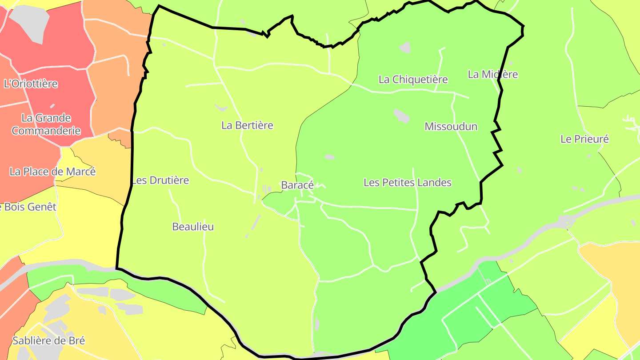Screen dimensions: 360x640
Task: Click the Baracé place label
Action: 297,185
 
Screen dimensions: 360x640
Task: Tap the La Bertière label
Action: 247,125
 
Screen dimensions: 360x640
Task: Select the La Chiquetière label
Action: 413,80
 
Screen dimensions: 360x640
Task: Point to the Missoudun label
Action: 451,126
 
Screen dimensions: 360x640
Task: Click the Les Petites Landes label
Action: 407,183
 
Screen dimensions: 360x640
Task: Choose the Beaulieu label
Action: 193,227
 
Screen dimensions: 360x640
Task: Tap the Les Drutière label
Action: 160,180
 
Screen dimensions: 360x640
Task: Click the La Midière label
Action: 492,74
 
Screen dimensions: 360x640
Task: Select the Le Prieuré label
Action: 584,139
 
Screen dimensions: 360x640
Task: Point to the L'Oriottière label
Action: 31,84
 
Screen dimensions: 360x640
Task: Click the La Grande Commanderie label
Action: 46,124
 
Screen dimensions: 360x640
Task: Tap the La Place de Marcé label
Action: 52,172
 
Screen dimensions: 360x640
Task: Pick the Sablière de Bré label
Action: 48,341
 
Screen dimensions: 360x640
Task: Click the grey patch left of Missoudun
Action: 402,116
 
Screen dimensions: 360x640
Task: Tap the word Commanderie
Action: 46,131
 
